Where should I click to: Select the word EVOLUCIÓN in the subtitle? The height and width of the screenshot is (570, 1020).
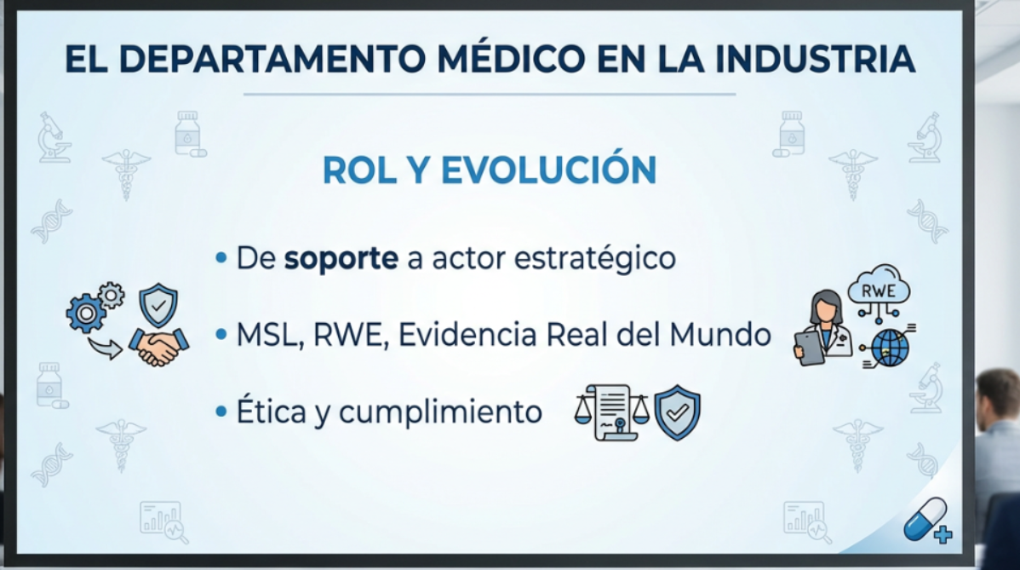(548, 170)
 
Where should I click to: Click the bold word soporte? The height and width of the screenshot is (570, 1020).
(341, 259)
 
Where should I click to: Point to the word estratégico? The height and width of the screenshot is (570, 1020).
(594, 258)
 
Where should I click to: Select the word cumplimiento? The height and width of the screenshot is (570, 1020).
(440, 412)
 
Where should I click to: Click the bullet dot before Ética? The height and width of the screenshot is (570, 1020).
(221, 412)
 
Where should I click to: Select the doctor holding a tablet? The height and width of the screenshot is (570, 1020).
(823, 327)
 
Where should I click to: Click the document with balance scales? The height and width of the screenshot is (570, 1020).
(611, 412)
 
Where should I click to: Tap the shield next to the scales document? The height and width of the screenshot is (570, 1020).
(677, 412)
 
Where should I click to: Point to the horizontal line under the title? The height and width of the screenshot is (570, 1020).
(490, 95)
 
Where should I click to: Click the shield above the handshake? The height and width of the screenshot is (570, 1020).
(158, 304)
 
